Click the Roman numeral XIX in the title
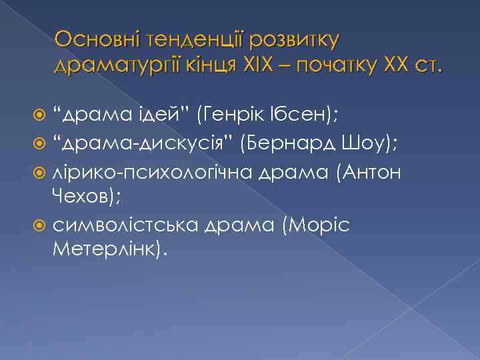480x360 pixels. click(256, 66)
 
